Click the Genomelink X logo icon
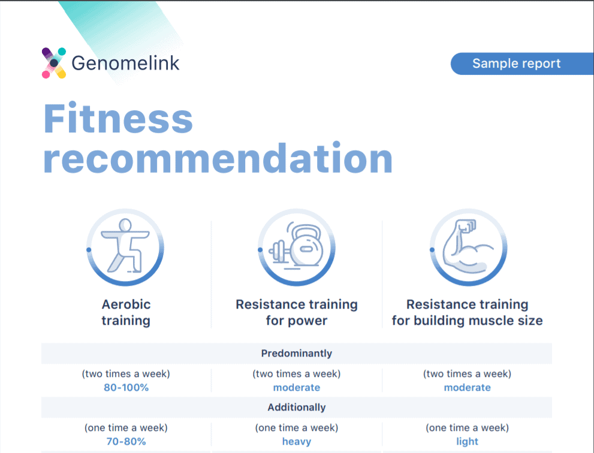pos(54,63)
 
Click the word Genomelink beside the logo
pos(125,63)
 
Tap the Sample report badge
pos(522,64)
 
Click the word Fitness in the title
pos(118,118)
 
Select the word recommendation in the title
pos(218,158)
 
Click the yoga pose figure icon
pos(125,246)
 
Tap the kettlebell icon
pos(297,246)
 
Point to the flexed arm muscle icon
pos(468,246)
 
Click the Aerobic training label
pos(126,312)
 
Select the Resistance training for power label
pos(297,312)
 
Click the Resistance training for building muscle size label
pos(467,312)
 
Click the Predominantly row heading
pos(297,354)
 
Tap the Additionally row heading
pos(297,407)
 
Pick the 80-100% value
pos(126,388)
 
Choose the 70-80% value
pos(126,441)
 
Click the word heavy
pos(297,442)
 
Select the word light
pos(467,442)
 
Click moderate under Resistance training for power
pos(297,388)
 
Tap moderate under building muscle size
pos(467,388)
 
